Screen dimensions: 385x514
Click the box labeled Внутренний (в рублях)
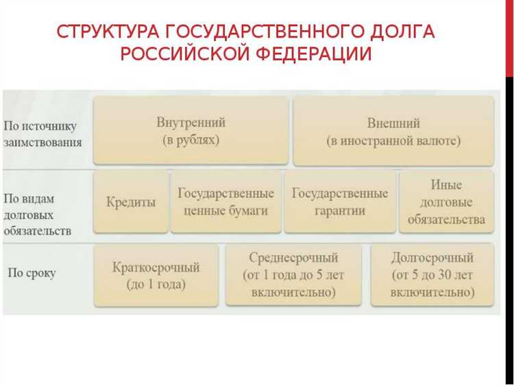pos(191,131)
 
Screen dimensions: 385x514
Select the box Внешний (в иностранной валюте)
pos(393,131)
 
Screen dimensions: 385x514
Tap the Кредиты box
pos(130,202)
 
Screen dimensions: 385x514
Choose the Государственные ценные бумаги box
pos(225,202)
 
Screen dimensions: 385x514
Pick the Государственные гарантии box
pos(339,202)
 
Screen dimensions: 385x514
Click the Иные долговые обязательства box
pos(446,202)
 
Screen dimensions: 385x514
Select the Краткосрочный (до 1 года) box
pos(156,275)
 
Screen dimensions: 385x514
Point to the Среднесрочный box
pos(293,275)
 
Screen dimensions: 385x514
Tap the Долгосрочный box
pos(432,275)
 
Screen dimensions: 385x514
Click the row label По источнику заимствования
pos(42,134)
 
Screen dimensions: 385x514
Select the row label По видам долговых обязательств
pos(38,214)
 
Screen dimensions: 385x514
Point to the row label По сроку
pos(32,273)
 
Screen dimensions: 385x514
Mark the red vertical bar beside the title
pos(509,38)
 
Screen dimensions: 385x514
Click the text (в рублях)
pos(191,140)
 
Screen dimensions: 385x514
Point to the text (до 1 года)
pos(156,284)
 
